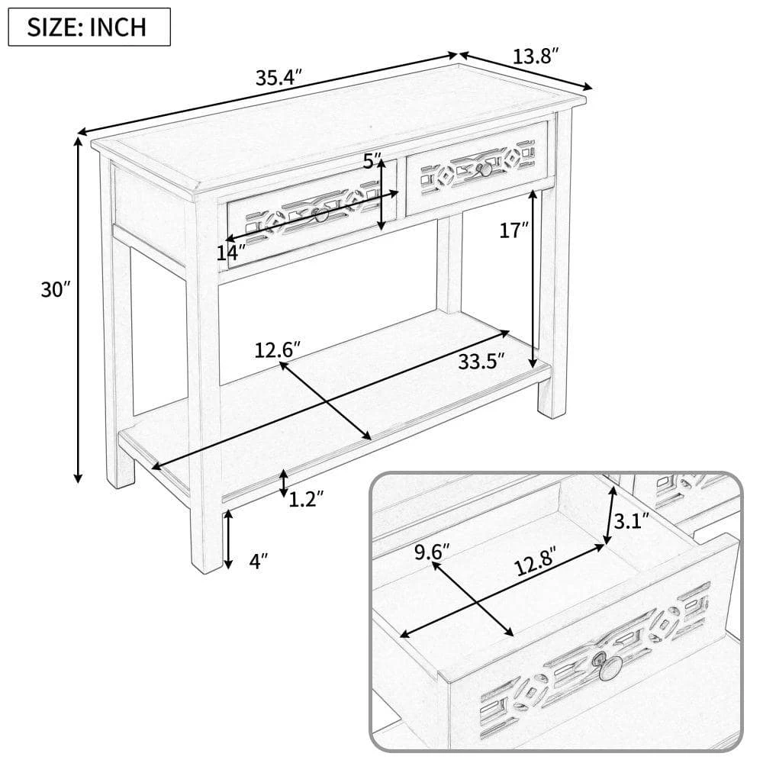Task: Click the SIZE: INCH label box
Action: (x=89, y=27)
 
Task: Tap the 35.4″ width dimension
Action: (x=279, y=77)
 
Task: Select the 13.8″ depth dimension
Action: (x=536, y=56)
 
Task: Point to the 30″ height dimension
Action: (x=56, y=289)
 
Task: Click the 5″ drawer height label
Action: (x=373, y=160)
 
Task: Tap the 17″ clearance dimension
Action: (x=513, y=230)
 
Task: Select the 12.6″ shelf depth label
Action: (x=278, y=350)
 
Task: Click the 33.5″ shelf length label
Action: (x=481, y=362)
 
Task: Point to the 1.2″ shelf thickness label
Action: (x=307, y=499)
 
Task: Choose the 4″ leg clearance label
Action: (x=259, y=561)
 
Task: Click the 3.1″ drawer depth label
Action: (x=632, y=521)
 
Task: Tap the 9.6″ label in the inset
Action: (x=432, y=552)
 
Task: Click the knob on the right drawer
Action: (x=485, y=169)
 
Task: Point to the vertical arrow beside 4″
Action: (x=227, y=539)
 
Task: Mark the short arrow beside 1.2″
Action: (x=283, y=483)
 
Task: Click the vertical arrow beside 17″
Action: (x=534, y=278)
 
